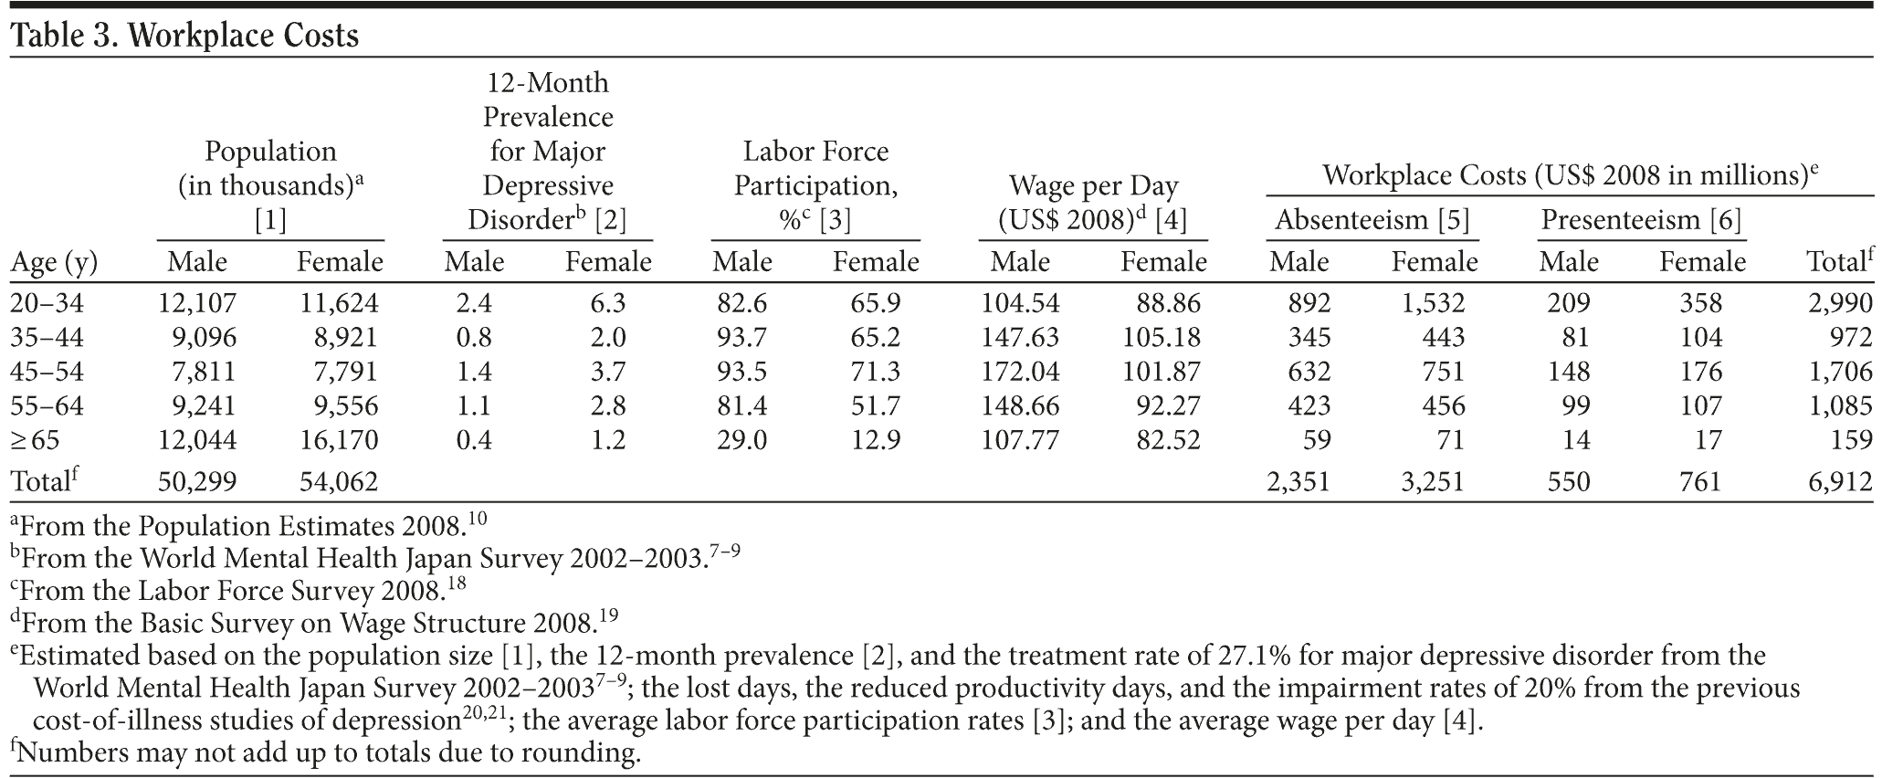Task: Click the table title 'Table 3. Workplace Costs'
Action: coord(184,35)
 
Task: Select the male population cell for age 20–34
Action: coord(196,302)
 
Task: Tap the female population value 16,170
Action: coord(339,440)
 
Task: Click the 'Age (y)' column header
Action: coord(54,263)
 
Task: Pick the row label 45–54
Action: coord(47,372)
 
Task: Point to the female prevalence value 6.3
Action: coord(607,302)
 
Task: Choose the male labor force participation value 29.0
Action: coord(741,440)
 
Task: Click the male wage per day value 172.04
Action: coord(1020,372)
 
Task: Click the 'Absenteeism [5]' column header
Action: coord(1372,220)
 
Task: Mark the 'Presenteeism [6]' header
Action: coord(1641,220)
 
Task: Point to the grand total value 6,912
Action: coord(1840,481)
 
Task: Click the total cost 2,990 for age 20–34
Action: coord(1840,302)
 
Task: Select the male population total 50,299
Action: coord(196,481)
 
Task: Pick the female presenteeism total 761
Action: coord(1699,481)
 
